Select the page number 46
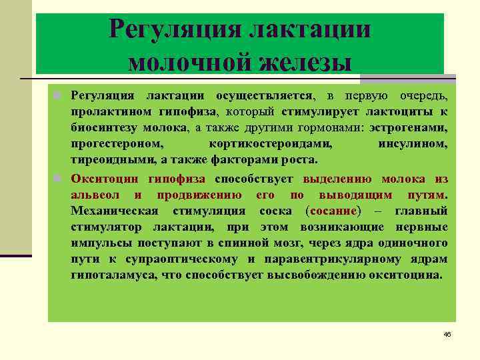point(447,333)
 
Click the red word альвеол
point(95,195)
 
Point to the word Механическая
point(115,211)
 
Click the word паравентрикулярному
point(339,259)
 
